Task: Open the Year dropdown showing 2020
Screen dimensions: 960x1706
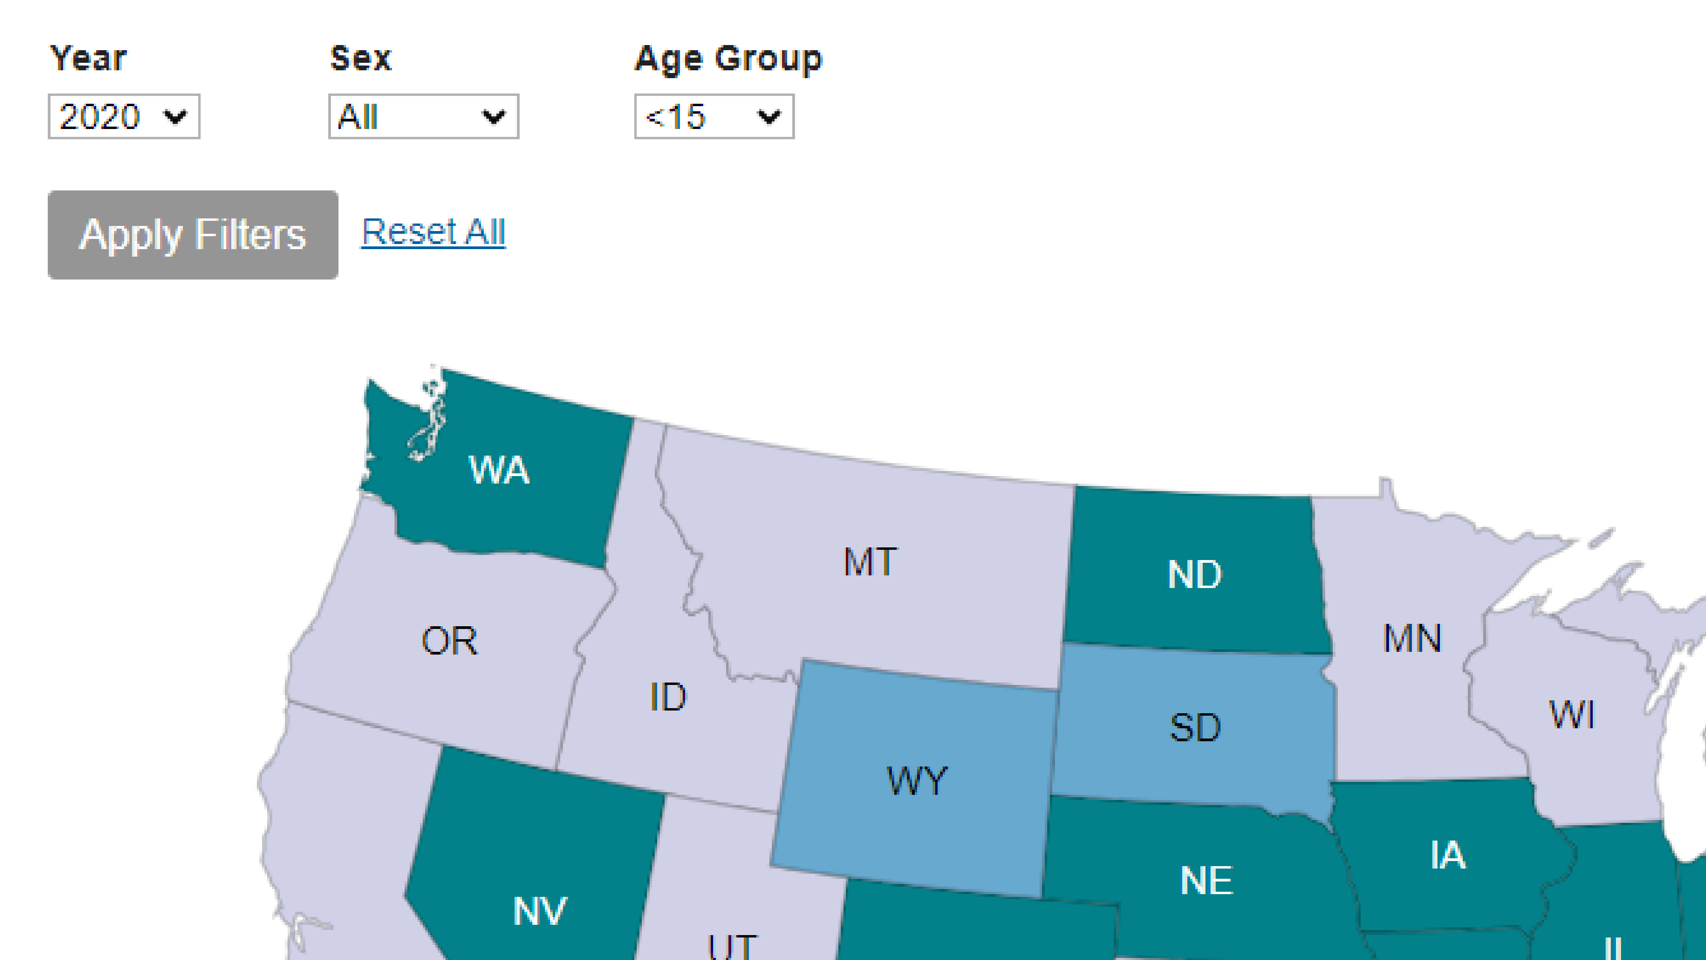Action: point(124,117)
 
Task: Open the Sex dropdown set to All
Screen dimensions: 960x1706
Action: point(423,117)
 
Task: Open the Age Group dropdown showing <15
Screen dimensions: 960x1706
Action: point(713,117)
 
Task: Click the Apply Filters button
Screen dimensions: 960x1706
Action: point(193,234)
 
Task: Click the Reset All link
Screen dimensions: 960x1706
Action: point(433,232)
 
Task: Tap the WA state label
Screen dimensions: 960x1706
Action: point(499,470)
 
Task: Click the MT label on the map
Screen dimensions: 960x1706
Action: point(870,562)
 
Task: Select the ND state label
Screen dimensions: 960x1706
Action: point(1194,574)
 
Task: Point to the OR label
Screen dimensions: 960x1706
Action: point(449,641)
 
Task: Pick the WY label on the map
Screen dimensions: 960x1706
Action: point(916,780)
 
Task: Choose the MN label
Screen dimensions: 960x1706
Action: point(1411,638)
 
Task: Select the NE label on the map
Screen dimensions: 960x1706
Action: point(1206,880)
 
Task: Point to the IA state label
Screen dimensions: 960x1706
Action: point(1448,855)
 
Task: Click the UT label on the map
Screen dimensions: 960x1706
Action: point(732,946)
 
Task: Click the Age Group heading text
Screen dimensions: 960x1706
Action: point(728,59)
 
